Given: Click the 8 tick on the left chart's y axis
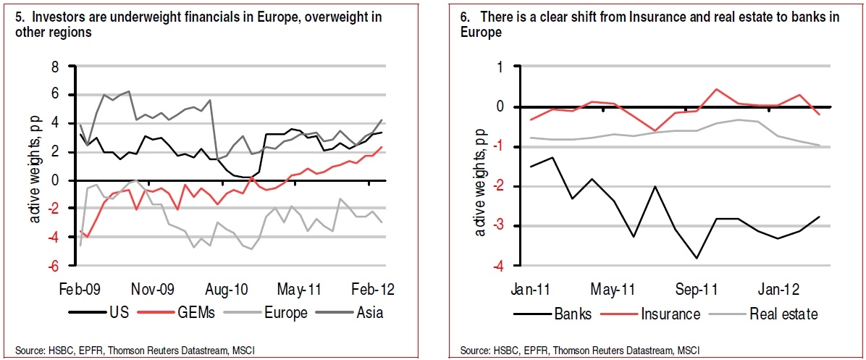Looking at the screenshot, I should pos(53,67).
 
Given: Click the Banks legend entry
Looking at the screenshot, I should pos(572,314).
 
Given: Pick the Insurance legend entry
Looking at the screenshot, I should pos(670,314).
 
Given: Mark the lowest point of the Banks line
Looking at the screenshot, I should pos(696,259).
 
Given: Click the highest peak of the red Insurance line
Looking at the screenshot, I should pos(716,89).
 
